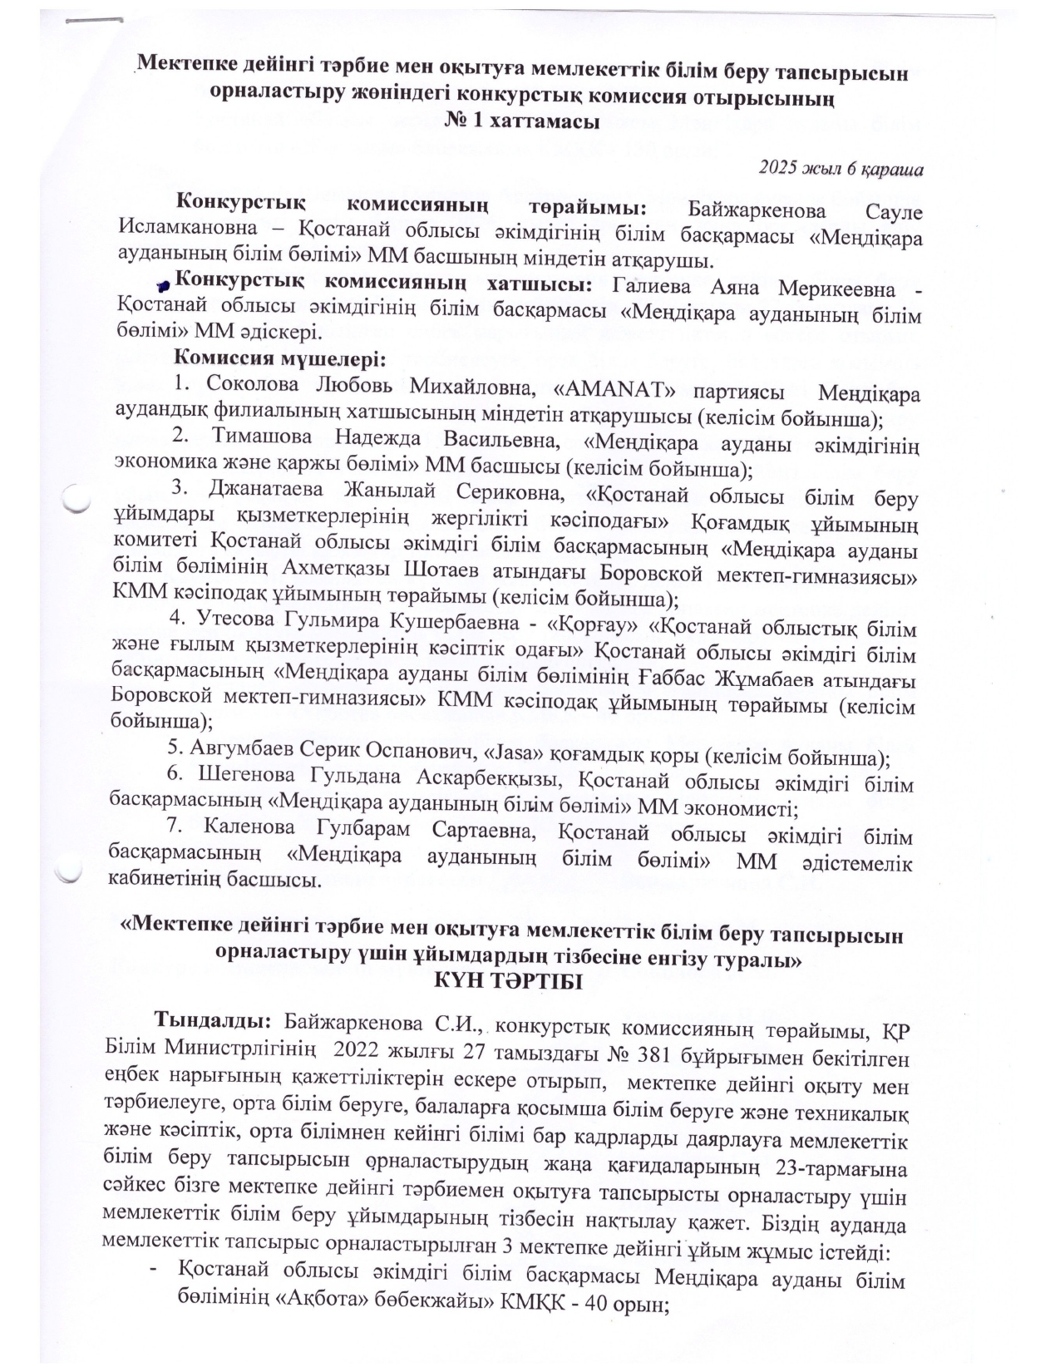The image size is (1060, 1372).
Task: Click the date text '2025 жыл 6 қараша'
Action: [x=841, y=169]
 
